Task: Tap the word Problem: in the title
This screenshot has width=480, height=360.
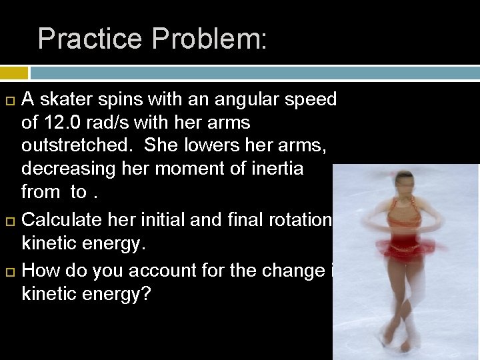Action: pos(209,39)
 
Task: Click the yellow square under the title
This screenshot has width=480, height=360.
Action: pos(13,73)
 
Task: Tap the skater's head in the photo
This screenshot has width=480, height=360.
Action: pos(405,182)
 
